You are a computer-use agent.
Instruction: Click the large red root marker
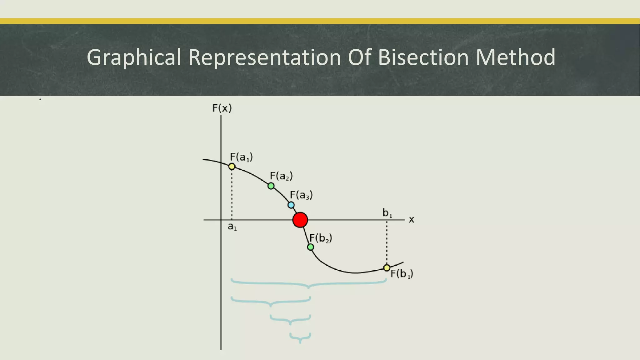click(300, 220)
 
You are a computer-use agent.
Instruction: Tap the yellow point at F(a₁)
click(232, 167)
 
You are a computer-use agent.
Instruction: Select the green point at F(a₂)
click(271, 186)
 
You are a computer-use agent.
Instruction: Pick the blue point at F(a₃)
click(291, 205)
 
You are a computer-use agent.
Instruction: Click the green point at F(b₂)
click(311, 247)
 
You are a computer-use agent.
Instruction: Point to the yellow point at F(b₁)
click(387, 268)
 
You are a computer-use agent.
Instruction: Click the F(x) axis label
click(222, 108)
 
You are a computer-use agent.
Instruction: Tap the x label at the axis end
click(412, 220)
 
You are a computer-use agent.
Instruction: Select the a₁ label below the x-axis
click(232, 227)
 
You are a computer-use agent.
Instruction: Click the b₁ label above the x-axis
click(387, 213)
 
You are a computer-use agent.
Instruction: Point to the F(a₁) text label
click(241, 157)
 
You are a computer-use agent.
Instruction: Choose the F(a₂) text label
click(281, 176)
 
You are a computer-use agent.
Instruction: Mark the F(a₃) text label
click(301, 195)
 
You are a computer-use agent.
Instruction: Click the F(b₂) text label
click(321, 238)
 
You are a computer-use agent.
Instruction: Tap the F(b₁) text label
click(402, 274)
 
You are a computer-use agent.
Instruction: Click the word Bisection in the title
click(423, 57)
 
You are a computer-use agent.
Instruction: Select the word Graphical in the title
click(134, 58)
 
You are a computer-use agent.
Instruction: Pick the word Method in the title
click(515, 57)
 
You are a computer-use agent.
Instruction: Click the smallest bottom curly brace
click(300, 338)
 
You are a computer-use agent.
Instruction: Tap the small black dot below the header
click(40, 99)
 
